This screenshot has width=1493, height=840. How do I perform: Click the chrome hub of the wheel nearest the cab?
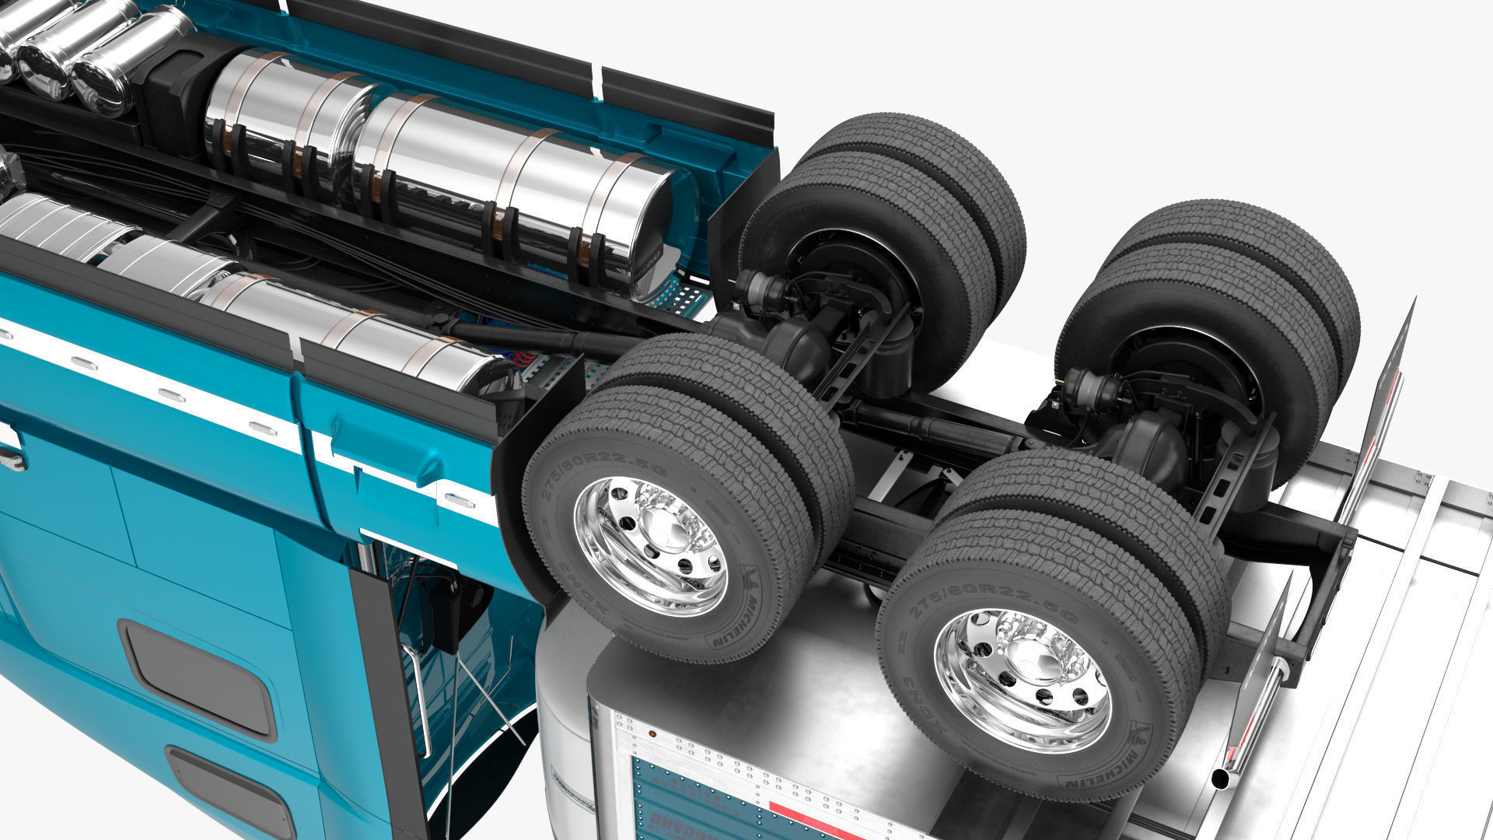pos(652,536)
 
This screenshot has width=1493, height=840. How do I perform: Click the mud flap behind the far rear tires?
pos(1388,389)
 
